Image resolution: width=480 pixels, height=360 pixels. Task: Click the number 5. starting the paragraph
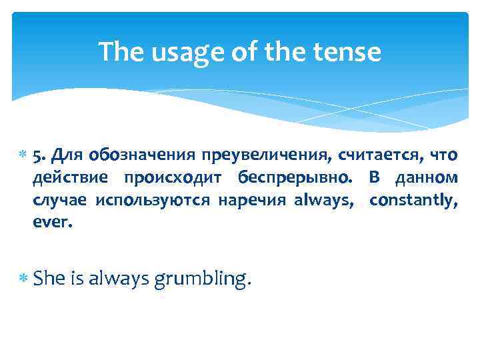coord(39,156)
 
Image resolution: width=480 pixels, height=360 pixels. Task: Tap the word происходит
coord(175,179)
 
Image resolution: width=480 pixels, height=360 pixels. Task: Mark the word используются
coord(153,201)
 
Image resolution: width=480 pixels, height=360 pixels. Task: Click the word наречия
coord(251,201)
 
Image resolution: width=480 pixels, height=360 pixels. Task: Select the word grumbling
coord(203,280)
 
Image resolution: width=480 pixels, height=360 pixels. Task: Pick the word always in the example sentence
coord(116,279)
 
